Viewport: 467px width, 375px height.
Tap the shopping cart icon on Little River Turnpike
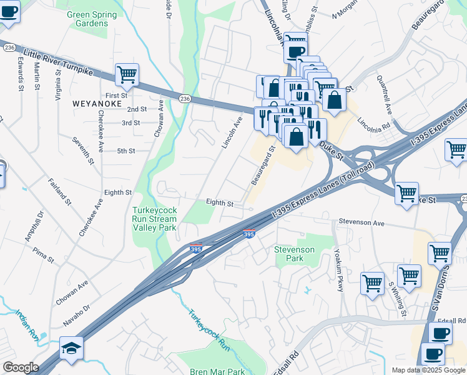[127, 75]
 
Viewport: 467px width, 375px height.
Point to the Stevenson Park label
[295, 254]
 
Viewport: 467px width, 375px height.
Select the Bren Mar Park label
[218, 371]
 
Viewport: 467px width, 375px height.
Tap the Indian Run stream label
[27, 325]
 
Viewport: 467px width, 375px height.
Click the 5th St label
[126, 151]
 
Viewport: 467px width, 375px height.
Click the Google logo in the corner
[21, 367]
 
